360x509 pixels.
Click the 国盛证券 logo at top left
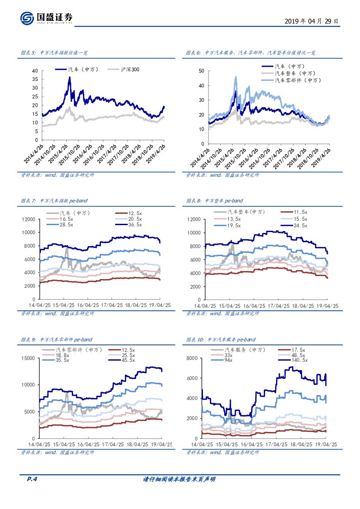(46, 18)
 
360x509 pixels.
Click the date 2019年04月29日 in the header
(311, 21)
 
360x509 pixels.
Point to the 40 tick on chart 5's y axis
(35, 71)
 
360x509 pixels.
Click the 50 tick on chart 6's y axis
(201, 71)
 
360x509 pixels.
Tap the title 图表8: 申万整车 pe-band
(215, 201)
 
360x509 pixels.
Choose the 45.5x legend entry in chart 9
(128, 360)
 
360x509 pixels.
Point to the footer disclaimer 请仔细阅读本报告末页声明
(179, 479)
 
